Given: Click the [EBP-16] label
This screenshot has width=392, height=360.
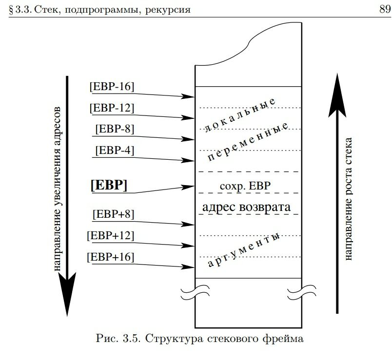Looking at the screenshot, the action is [112, 86].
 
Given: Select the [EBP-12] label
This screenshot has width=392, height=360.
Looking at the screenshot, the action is [112, 108].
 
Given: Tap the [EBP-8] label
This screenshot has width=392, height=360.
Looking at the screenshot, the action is [115, 129].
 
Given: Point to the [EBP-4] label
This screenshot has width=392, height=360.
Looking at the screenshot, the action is [115, 151].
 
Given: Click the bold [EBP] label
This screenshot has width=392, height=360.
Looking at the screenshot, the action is [109, 186].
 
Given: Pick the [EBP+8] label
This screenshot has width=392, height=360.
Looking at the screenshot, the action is [113, 214].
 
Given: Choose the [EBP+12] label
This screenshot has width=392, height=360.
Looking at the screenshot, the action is [111, 236].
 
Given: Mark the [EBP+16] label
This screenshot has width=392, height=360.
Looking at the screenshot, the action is [111, 257].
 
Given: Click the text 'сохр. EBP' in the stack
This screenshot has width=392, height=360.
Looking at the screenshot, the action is [245, 186].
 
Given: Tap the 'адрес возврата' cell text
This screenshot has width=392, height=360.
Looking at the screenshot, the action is [247, 207].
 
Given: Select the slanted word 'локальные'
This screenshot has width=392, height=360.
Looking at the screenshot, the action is [240, 114].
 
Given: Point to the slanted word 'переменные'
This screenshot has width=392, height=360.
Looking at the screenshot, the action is [248, 141].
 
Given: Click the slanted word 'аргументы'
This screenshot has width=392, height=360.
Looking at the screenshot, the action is [243, 250].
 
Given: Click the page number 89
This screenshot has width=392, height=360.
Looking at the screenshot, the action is [385, 9].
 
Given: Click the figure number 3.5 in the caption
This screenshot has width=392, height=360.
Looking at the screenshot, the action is [130, 339].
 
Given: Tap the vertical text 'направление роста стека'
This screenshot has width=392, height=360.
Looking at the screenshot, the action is [348, 199].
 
